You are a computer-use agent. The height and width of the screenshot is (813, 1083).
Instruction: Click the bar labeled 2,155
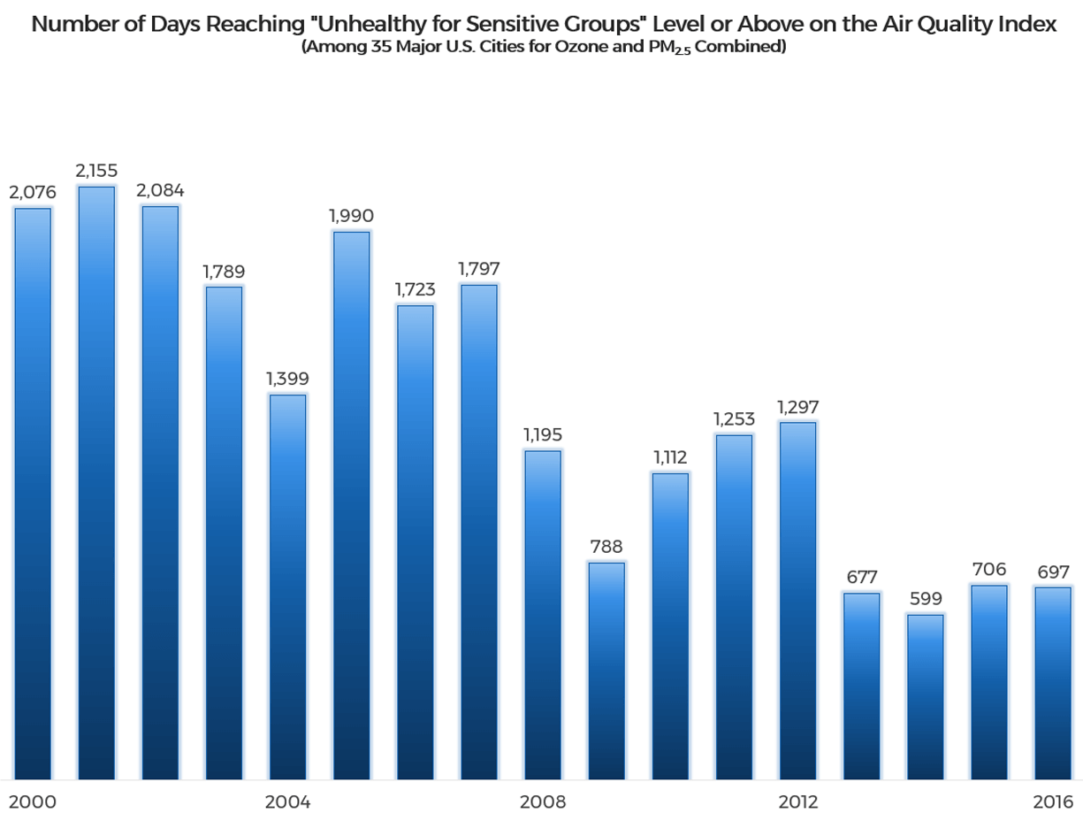[x=96, y=482]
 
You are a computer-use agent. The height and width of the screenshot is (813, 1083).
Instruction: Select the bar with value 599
[x=926, y=696]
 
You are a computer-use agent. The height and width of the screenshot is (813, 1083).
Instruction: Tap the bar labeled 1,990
[x=351, y=504]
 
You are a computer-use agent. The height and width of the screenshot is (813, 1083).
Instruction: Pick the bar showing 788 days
[x=606, y=670]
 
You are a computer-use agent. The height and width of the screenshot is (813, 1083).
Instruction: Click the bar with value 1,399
[x=287, y=586]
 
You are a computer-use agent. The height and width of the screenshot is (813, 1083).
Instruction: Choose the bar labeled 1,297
[x=797, y=600]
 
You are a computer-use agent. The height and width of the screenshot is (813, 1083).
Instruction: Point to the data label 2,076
[x=33, y=192]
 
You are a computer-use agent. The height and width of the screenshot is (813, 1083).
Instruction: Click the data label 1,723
[x=416, y=289]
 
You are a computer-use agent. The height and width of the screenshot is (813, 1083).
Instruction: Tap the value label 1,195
[x=543, y=435]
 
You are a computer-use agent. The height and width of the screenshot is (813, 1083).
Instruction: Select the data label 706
[x=989, y=569]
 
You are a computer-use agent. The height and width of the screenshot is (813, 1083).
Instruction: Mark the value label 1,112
[x=670, y=457]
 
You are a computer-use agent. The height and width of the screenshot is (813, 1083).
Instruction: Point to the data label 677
[x=862, y=578]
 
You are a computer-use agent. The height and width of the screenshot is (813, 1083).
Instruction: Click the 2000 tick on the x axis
[x=33, y=801]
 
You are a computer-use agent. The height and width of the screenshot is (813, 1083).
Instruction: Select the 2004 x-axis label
[x=287, y=801]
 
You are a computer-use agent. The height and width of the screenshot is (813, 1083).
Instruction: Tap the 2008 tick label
[x=543, y=801]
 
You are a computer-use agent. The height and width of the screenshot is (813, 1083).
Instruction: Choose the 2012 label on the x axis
[x=797, y=801]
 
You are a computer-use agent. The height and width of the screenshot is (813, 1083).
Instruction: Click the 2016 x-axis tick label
[x=1052, y=801]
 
